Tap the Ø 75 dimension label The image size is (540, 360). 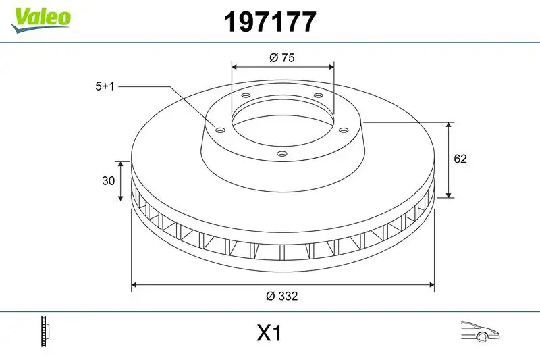coord(281,58)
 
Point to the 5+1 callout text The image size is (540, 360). coord(107,86)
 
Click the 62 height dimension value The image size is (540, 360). coord(460,159)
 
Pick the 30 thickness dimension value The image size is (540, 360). coord(107,181)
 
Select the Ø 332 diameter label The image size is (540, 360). coord(282,296)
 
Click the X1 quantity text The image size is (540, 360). coord(269,334)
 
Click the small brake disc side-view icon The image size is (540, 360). coord(46,332)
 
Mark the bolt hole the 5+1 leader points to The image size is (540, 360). coord(220,129)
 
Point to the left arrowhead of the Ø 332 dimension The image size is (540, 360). coord(134,285)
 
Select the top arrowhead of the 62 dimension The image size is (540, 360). coord(449,125)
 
